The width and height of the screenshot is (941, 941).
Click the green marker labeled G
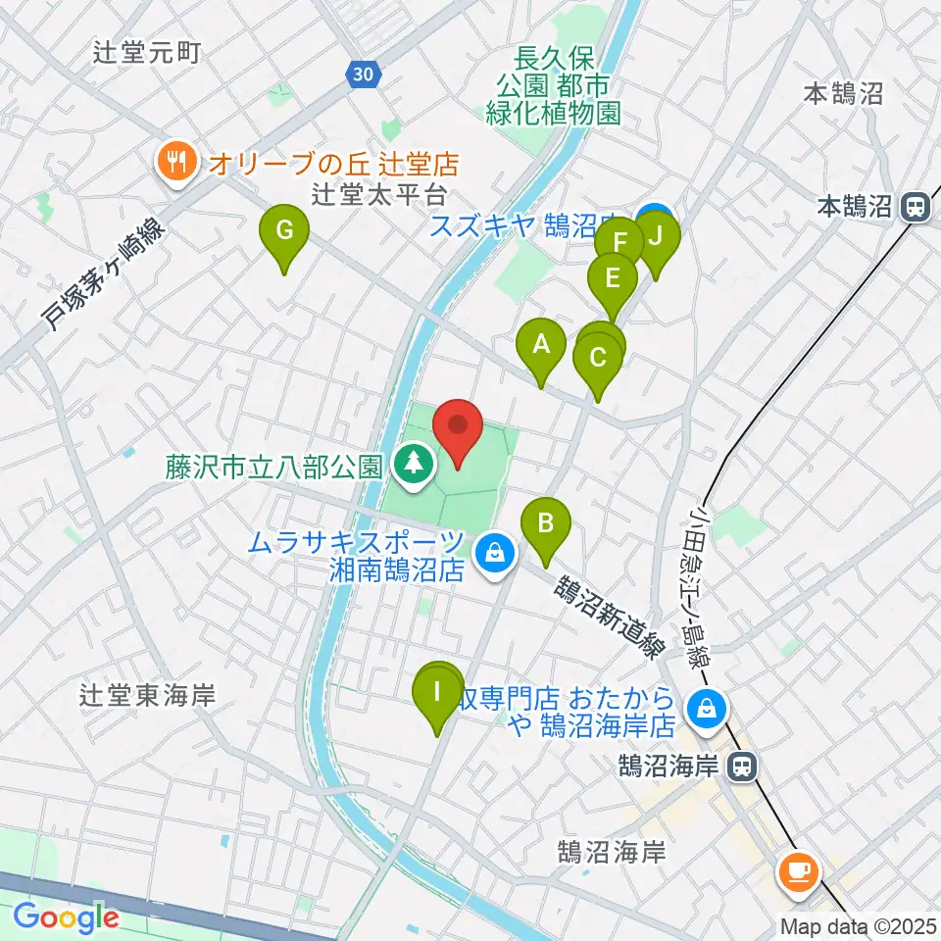point(283,231)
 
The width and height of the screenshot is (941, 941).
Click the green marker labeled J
point(656,236)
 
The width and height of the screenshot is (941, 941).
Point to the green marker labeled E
point(612,278)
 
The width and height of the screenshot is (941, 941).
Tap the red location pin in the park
point(457,426)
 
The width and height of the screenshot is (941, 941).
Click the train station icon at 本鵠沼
point(916,207)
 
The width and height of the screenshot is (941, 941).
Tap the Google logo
point(66,917)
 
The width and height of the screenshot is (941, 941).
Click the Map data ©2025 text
point(860,925)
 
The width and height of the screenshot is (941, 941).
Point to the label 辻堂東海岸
point(148,696)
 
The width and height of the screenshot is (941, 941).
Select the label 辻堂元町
point(148,52)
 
